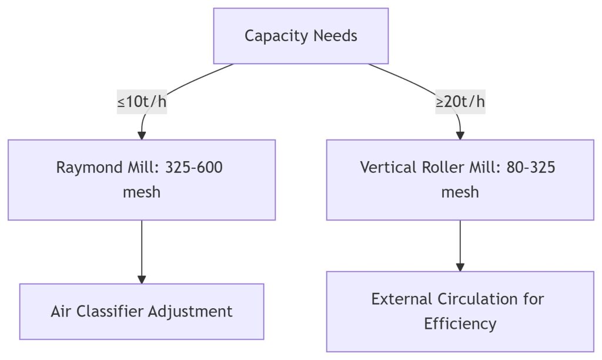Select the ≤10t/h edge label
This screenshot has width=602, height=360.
pos(142,102)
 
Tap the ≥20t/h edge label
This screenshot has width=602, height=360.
pos(460,102)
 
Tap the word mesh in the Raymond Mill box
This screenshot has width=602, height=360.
pos(142,192)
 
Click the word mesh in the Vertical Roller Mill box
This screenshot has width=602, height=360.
pos(460,192)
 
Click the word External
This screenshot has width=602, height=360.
pos(402,299)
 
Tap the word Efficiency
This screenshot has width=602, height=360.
pos(460,324)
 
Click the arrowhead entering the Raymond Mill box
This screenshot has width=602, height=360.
pos(142,135)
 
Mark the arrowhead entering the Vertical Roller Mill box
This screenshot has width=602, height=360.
pos(460,135)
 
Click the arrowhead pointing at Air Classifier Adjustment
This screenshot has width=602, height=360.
pos(142,279)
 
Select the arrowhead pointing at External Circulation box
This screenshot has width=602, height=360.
pos(460,267)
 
